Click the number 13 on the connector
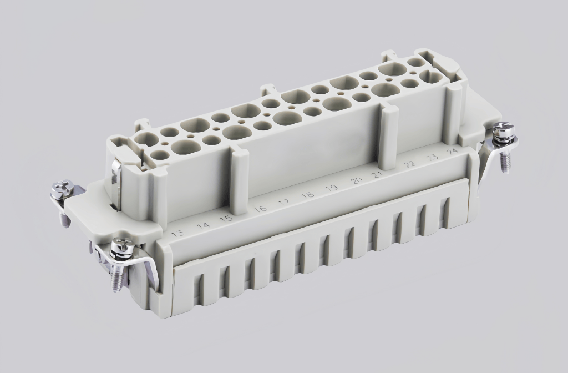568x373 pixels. [178, 233]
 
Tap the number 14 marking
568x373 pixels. [204, 225]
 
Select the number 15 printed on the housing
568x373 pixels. [226, 218]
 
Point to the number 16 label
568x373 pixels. [260, 209]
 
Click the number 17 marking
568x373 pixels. [284, 203]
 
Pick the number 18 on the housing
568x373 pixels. [307, 196]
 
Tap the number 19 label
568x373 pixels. [332, 189]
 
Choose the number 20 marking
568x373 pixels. [357, 181]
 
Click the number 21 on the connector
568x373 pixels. [378, 175]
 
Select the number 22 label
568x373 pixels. [410, 165]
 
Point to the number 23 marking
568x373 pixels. [432, 158]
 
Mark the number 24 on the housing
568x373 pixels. [453, 150]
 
